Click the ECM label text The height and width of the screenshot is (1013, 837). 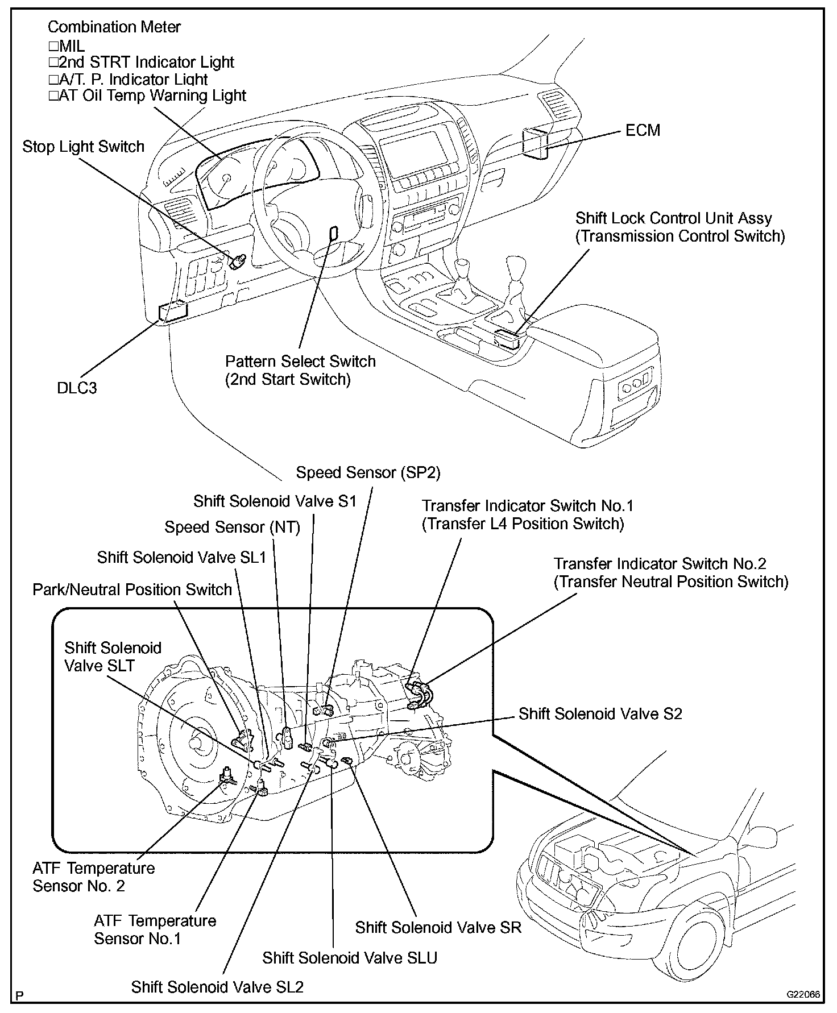tap(643, 131)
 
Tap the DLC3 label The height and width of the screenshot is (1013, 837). tap(77, 388)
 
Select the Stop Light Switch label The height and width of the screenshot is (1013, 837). tap(84, 147)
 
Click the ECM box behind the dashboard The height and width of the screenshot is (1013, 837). tap(536, 142)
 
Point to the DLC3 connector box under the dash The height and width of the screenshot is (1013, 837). tap(173, 312)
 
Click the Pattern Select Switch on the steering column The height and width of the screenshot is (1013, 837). tap(334, 234)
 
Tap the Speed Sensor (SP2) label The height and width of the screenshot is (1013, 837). tap(368, 473)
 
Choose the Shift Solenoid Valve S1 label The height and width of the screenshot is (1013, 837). tap(275, 501)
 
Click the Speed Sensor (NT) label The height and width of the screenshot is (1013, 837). tap(232, 528)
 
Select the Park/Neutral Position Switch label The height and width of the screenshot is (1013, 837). tap(132, 589)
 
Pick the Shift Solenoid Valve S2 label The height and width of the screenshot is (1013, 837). tap(600, 714)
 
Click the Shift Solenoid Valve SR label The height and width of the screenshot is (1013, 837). tap(438, 928)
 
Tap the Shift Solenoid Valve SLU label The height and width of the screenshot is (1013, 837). tap(350, 958)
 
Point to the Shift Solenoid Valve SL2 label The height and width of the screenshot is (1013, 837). tap(217, 987)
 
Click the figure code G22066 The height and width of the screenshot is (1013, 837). tap(803, 995)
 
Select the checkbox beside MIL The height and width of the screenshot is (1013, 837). tap(53, 45)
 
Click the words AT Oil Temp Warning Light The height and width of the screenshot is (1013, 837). tap(152, 96)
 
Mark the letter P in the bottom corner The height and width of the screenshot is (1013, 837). tap(20, 996)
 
